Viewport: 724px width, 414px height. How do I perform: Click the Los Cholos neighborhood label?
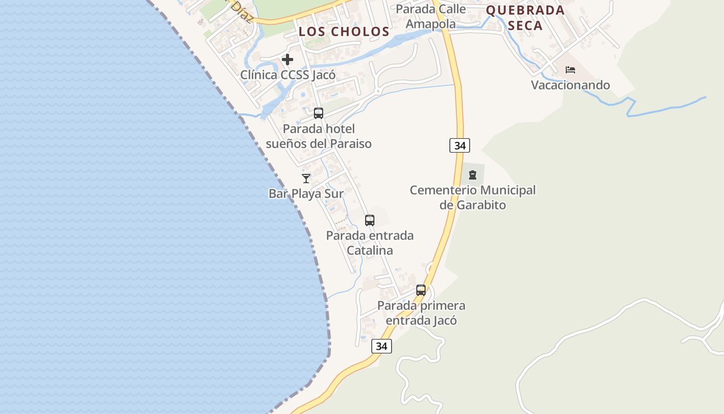[x=344, y=32]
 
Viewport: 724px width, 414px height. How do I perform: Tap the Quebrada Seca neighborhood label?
[x=525, y=18]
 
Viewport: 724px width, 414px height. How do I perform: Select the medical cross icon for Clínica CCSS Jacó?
[x=288, y=60]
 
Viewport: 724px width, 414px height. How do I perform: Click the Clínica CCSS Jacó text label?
[x=288, y=75]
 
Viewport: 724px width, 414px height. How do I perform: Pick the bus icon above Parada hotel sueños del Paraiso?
[x=319, y=113]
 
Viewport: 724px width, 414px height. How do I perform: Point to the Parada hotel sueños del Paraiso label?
[x=319, y=136]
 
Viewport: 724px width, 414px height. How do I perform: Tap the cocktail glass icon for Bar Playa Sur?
[x=306, y=179]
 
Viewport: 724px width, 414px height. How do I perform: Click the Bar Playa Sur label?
[x=306, y=194]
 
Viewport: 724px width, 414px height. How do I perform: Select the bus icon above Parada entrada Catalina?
[x=370, y=220]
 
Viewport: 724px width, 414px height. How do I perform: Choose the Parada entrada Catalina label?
[x=370, y=243]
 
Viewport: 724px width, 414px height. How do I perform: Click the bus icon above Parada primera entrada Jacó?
[x=421, y=290]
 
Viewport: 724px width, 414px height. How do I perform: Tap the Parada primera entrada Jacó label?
[x=421, y=313]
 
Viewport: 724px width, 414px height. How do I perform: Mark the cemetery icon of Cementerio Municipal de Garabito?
[x=473, y=175]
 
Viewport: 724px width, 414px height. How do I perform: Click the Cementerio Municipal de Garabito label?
[x=473, y=197]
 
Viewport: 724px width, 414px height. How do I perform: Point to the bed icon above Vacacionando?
[x=570, y=70]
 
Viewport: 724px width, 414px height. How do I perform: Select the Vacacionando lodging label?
[x=570, y=85]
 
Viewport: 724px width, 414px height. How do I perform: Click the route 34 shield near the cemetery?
[x=460, y=145]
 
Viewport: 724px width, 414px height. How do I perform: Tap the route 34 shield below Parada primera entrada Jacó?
[x=382, y=346]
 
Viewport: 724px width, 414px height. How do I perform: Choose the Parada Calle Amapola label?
[x=431, y=16]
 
